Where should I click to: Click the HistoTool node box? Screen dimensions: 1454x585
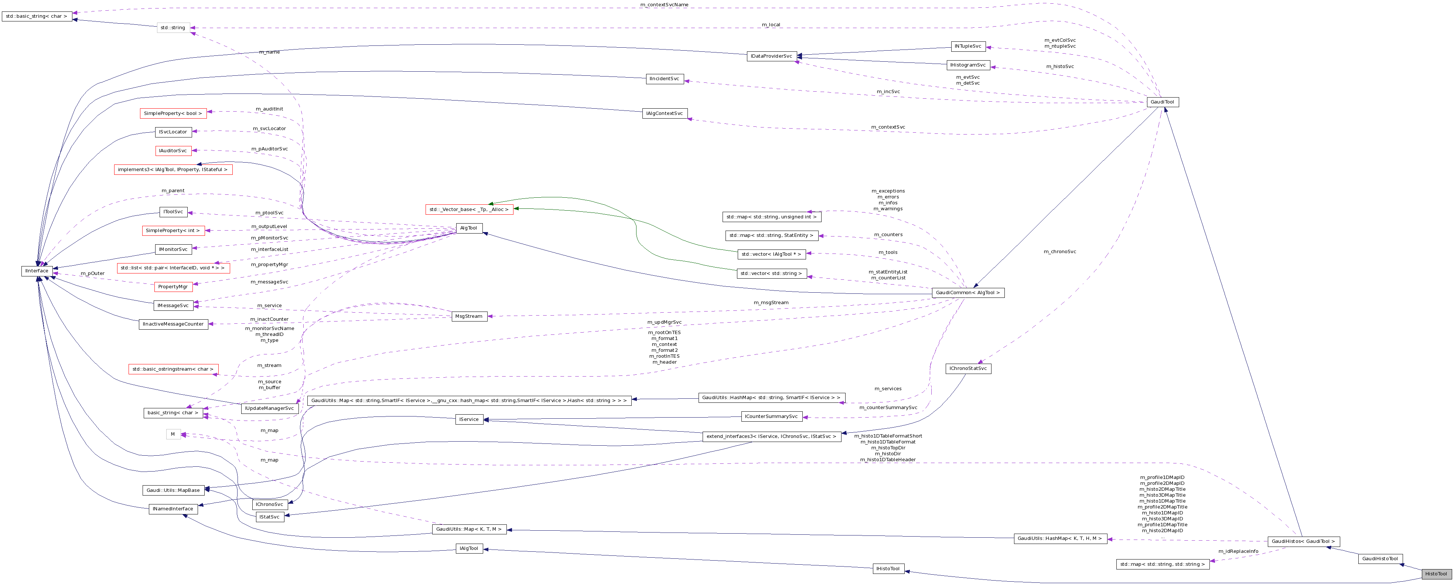pyautogui.click(x=1436, y=574)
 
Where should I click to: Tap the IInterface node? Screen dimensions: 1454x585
pyautogui.click(x=37, y=271)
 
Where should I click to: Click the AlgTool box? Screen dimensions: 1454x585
pyautogui.click(x=468, y=228)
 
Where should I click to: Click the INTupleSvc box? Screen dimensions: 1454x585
pyautogui.click(x=968, y=46)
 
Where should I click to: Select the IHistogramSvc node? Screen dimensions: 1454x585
pyautogui.click(x=968, y=65)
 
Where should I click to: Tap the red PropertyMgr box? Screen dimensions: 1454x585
pyautogui.click(x=173, y=287)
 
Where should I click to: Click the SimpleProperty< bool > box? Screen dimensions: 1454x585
pyautogui.click(x=173, y=113)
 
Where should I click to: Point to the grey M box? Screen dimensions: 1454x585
pyautogui.click(x=173, y=434)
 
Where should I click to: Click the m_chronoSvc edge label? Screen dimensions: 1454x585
pyautogui.click(x=1059, y=252)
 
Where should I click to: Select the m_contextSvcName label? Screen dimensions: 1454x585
pyautogui.click(x=664, y=4)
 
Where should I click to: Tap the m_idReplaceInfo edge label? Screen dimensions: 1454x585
pyautogui.click(x=1238, y=551)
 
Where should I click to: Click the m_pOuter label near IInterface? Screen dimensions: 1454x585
pyautogui.click(x=92, y=273)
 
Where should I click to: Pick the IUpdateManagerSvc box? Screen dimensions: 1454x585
pyautogui.click(x=270, y=408)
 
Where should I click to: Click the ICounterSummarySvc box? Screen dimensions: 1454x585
pyautogui.click(x=772, y=417)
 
